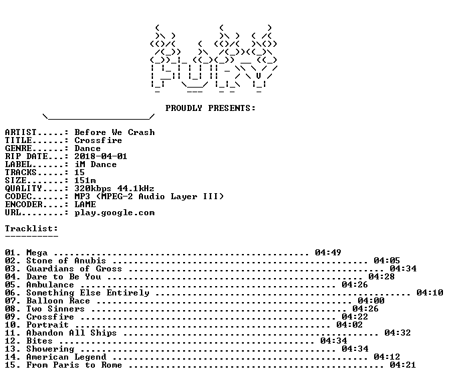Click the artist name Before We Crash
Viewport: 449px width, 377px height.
click(114, 132)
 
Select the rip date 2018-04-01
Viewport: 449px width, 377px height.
click(101, 156)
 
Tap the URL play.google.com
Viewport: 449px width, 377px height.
click(114, 213)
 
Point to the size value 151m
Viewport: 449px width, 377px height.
click(85, 180)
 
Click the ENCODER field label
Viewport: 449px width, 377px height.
click(24, 205)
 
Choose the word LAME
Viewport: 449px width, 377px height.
click(85, 205)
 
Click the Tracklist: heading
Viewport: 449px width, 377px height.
click(31, 229)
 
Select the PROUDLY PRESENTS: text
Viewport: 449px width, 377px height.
click(210, 108)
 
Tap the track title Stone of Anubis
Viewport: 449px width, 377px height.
click(66, 261)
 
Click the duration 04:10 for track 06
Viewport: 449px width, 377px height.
click(430, 293)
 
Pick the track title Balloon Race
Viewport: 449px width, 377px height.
click(58, 301)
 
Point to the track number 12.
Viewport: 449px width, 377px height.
click(10, 341)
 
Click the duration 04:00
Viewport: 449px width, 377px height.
click(371, 301)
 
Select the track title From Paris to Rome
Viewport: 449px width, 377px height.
click(74, 365)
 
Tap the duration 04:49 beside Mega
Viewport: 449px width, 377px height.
click(328, 253)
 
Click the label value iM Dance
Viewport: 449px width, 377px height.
click(96, 164)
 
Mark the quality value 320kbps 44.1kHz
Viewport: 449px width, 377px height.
click(114, 188)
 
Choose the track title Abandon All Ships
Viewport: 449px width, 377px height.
click(71, 333)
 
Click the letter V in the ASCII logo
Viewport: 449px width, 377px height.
click(259, 76)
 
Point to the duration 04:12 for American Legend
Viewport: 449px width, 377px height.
click(387, 357)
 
